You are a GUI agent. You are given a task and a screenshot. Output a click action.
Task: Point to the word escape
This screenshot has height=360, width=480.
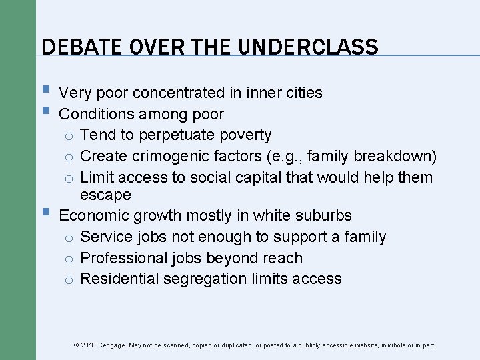coord(105,195)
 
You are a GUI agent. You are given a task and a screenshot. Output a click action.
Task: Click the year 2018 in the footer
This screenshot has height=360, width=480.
coord(87,345)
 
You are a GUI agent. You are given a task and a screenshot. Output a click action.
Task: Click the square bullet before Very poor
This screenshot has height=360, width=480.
coord(45,91)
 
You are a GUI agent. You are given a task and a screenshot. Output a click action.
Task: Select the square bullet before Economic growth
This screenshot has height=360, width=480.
coord(45,213)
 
